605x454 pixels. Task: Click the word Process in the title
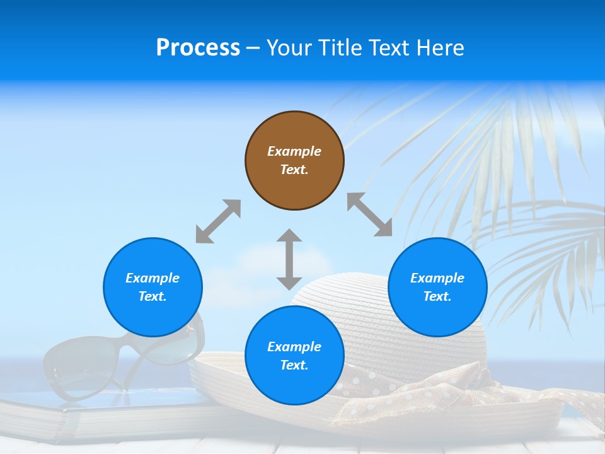(198, 48)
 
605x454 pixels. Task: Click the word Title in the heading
(335, 48)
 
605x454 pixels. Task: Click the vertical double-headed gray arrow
(289, 259)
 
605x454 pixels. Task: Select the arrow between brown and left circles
(218, 221)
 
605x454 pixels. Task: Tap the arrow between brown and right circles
(369, 214)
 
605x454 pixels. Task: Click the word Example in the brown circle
(294, 151)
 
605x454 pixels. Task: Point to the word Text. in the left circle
(153, 296)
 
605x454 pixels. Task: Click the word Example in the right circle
(437, 278)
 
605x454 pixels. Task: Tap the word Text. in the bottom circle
(294, 365)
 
